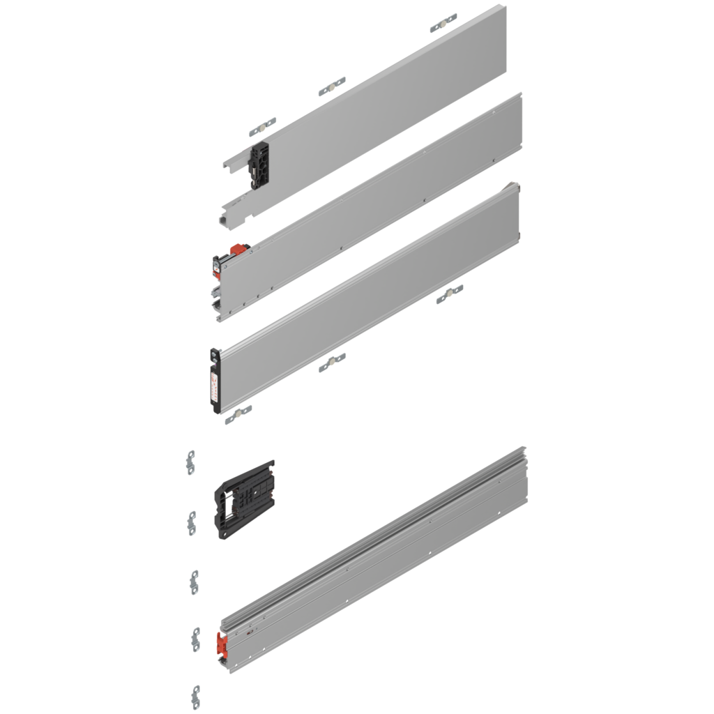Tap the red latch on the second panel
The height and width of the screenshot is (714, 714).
(238, 248)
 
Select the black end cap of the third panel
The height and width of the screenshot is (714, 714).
(215, 380)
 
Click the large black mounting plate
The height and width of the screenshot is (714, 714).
(244, 499)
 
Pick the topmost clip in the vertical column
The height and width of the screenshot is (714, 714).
(191, 462)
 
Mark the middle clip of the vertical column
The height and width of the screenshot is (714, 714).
(195, 582)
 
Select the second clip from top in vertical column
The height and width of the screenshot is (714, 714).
(191, 521)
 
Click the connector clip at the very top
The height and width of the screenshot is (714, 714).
(443, 20)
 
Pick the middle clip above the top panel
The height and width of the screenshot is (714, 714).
(332, 86)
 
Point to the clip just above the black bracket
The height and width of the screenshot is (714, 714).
(261, 128)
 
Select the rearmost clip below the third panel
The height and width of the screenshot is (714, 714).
(450, 294)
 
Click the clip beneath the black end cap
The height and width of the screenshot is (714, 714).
(238, 416)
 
